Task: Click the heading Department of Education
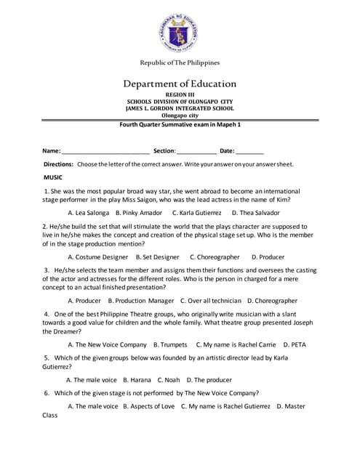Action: pos(180,84)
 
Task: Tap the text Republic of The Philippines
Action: pos(180,62)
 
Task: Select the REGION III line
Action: pos(180,95)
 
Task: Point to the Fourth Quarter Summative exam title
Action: pos(180,124)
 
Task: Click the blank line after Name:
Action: pos(105,151)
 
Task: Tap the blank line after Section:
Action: pos(196,151)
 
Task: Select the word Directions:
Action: pos(59,165)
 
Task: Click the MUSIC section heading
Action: pos(53,177)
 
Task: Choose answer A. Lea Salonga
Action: pos(88,213)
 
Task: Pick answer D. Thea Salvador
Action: pos(255,213)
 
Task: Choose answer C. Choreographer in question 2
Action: pos(215,256)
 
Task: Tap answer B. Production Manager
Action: pos(141,300)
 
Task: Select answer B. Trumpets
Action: pos(170,344)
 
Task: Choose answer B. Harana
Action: pos(137,379)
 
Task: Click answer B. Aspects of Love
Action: pos(149,405)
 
